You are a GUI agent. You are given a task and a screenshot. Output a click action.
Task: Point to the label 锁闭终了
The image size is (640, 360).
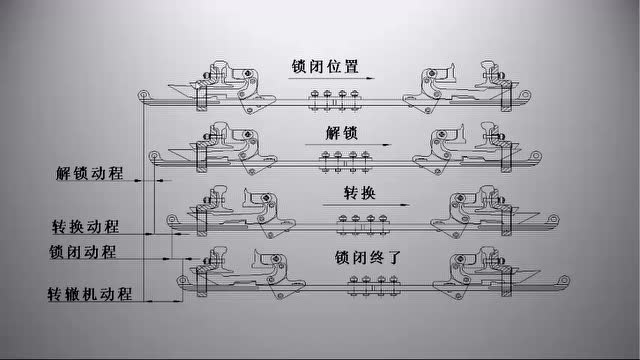pyautogui.click(x=367, y=257)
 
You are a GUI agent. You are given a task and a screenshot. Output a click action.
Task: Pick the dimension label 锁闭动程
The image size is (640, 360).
pyautogui.click(x=82, y=251)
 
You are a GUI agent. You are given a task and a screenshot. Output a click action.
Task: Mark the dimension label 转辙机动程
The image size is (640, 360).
pyautogui.click(x=90, y=295)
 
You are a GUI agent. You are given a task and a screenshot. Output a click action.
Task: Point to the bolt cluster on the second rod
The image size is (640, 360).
pyautogui.click(x=345, y=157)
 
